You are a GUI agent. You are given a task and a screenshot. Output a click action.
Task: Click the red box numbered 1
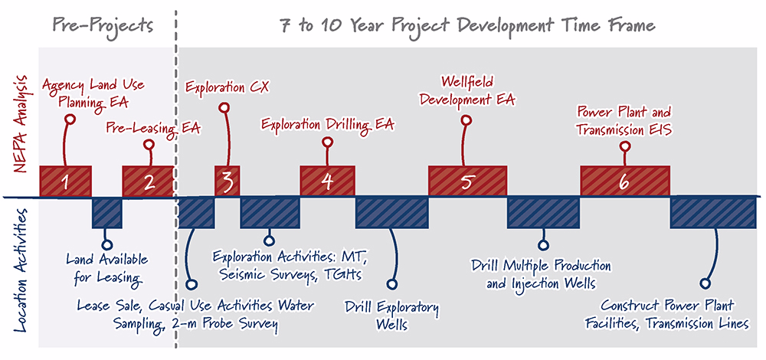65,182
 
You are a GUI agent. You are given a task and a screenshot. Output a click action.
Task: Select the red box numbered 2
148,182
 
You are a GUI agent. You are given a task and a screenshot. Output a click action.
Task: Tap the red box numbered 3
228,182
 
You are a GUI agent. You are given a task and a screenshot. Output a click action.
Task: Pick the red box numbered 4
327,182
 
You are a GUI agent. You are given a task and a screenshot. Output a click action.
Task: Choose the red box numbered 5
467,182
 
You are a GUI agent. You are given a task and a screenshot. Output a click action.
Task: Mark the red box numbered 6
625,182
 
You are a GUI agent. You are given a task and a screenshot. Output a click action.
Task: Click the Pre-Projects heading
103,25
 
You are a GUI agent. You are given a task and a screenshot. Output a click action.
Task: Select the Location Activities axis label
21,269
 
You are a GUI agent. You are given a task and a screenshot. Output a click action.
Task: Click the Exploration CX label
227,87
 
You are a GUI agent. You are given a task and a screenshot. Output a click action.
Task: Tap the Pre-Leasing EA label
153,129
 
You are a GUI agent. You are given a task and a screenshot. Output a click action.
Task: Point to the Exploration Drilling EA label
327,125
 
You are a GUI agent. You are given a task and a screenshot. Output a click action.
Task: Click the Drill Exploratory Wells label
391,316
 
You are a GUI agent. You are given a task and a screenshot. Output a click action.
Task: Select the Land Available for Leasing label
107,268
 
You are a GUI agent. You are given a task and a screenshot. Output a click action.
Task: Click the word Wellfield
467,80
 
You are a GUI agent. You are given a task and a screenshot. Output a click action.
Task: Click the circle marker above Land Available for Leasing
107,244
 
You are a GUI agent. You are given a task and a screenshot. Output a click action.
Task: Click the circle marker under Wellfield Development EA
467,119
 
